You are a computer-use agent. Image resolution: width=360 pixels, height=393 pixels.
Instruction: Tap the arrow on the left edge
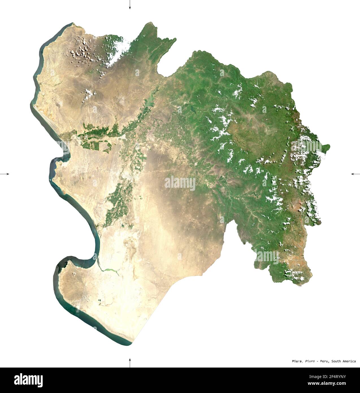click(5, 174)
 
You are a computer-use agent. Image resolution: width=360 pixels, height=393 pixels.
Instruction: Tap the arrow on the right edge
click(355, 174)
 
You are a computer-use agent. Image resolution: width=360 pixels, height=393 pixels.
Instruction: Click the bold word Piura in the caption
click(296, 361)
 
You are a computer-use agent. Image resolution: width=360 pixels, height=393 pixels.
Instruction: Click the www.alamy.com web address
click(336, 384)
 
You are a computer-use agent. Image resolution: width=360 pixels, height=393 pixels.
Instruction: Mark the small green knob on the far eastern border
click(326, 147)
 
